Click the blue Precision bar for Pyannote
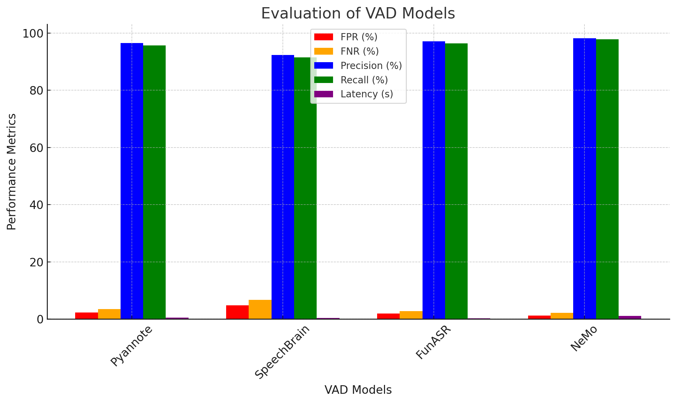tap(132, 181)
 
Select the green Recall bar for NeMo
tap(607, 179)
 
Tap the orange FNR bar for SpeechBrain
tap(260, 310)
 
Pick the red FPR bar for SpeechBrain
tap(237, 312)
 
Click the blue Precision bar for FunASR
tap(433, 180)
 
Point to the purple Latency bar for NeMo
tap(630, 318)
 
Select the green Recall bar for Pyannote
tap(154, 182)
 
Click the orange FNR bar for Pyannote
tap(109, 314)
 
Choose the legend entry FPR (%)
tap(359, 37)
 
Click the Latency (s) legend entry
tap(367, 94)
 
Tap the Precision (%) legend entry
tap(371, 66)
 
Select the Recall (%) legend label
tap(364, 80)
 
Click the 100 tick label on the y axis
tap(33, 33)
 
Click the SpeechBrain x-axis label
tap(282, 352)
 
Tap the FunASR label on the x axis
tap(433, 343)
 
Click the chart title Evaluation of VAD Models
tap(358, 14)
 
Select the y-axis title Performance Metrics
tap(12, 171)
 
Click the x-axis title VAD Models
tap(358, 390)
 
